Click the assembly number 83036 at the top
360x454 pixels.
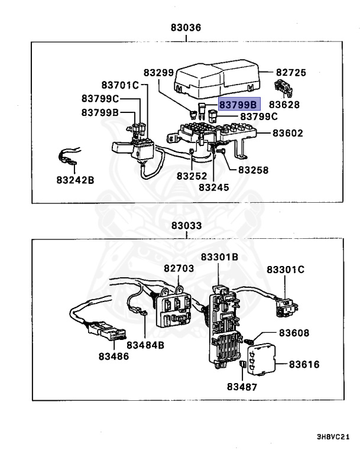coord(186,27)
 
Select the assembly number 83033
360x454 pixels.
coord(186,226)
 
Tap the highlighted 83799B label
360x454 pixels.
coord(239,105)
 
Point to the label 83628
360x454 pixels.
coord(284,105)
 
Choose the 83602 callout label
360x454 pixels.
coord(287,133)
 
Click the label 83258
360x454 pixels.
coord(253,170)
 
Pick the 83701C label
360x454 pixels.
coord(119,85)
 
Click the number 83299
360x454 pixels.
coord(159,73)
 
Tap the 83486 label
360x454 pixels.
coord(113,356)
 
